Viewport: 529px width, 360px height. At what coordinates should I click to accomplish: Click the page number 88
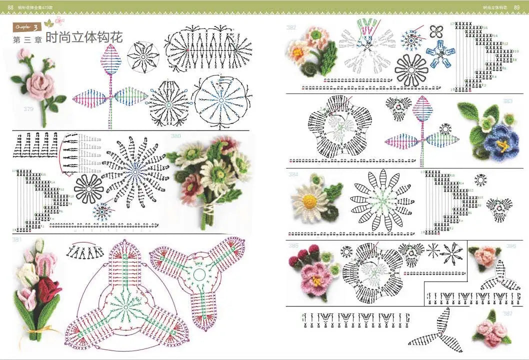click(10, 6)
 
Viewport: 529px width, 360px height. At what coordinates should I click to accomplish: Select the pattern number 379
click(28, 108)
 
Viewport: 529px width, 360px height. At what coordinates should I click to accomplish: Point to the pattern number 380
click(176, 136)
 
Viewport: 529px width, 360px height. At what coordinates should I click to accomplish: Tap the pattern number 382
click(291, 28)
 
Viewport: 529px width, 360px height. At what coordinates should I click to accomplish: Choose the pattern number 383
click(507, 101)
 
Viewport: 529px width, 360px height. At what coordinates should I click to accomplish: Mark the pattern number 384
click(293, 175)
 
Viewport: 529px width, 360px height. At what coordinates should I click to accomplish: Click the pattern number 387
click(508, 313)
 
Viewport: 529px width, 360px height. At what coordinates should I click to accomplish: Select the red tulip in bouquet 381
click(48, 288)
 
